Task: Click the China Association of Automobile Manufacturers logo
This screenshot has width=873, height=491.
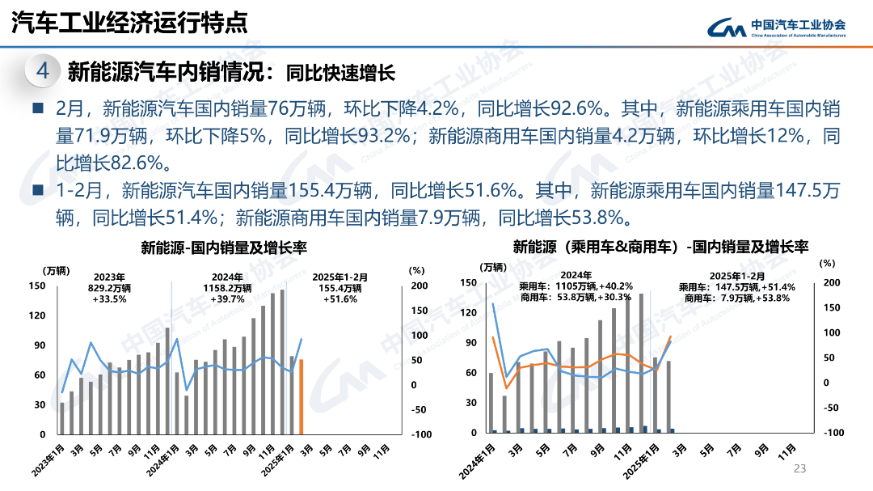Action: click(x=777, y=28)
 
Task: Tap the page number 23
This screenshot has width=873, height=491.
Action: click(x=801, y=469)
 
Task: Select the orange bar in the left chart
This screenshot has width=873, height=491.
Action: click(x=302, y=396)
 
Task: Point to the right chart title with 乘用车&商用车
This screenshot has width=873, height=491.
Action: click(x=660, y=247)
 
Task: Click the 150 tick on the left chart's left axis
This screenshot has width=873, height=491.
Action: click(x=37, y=286)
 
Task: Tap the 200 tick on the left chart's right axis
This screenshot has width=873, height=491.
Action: click(x=420, y=286)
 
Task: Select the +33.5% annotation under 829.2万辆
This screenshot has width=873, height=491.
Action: click(x=109, y=299)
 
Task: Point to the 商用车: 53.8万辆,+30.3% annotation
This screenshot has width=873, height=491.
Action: click(x=576, y=297)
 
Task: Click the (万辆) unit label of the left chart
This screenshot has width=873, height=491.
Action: click(x=57, y=269)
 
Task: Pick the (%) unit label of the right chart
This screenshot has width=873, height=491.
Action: click(x=827, y=263)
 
